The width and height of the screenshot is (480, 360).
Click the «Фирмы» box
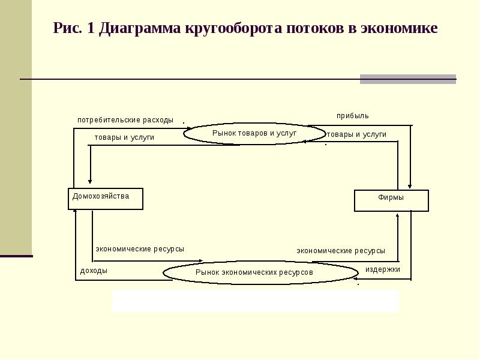point(391,200)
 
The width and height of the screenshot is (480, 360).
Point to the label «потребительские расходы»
point(125,120)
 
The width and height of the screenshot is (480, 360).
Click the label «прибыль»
point(353,115)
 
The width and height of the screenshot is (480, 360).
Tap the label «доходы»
point(94,271)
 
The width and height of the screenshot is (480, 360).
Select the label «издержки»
point(383,269)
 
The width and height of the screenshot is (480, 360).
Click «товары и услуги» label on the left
point(124,137)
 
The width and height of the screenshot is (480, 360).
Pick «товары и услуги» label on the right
point(356,134)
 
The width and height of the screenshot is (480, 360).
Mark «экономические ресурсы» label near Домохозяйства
point(140,248)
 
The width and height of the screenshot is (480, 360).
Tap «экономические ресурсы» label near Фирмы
point(341,251)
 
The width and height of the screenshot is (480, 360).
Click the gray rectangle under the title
point(407,79)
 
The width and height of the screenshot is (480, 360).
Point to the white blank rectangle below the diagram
point(255,301)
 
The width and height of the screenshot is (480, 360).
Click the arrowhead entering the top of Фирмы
point(409,187)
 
